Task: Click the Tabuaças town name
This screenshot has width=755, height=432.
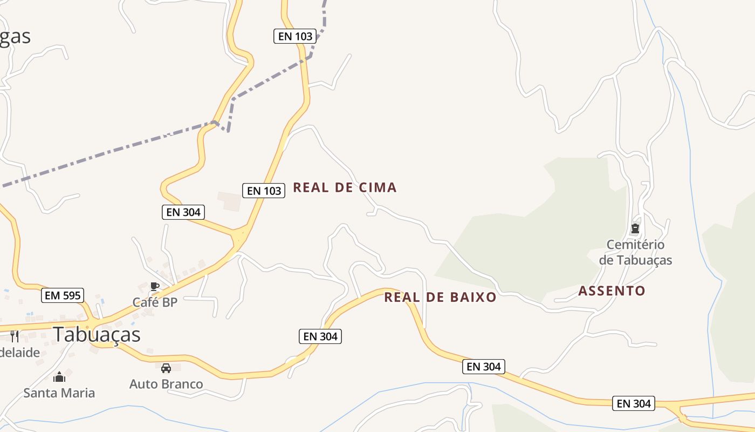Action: point(97,335)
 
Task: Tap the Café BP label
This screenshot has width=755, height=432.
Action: point(155,302)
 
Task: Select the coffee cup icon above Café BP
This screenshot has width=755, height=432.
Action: point(155,287)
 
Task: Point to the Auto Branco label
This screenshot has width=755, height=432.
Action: point(166,384)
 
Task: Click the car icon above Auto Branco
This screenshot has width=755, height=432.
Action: point(166,368)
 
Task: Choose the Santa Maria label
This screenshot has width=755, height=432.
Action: point(59,393)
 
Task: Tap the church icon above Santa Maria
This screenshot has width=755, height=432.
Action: point(59,376)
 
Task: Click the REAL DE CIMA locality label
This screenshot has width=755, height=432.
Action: point(345,188)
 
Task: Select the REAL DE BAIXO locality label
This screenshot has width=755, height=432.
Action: point(440,297)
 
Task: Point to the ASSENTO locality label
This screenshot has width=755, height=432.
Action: point(612,291)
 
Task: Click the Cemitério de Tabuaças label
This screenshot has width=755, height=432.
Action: point(635,252)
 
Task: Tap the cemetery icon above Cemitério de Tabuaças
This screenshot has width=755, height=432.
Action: point(635,228)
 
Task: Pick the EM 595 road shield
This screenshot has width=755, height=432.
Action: point(63,295)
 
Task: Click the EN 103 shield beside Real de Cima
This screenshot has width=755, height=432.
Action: point(264,191)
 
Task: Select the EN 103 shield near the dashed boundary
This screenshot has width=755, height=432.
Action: point(294,36)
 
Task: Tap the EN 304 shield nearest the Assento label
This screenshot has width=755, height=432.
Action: point(633,403)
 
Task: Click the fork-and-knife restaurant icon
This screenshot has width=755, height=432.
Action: point(15,336)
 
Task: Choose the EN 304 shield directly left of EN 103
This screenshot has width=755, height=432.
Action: point(183,212)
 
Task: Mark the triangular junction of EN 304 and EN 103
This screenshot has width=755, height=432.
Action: point(239,237)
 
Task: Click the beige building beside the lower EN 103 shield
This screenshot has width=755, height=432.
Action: point(229,200)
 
